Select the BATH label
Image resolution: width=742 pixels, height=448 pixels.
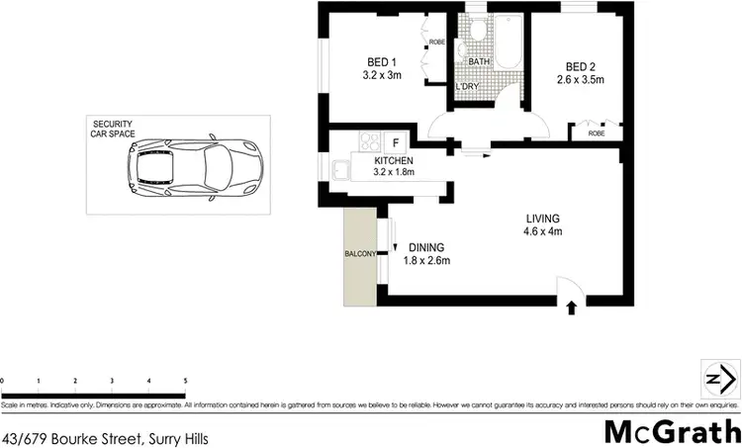point(480,61)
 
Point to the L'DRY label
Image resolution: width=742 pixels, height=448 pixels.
point(468,87)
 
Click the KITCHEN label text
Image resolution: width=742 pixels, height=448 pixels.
point(394,160)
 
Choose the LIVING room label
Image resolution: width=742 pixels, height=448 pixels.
point(544,219)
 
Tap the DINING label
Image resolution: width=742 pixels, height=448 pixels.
point(427,247)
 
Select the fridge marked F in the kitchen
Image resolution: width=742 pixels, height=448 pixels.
point(392,142)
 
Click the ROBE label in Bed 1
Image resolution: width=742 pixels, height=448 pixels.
point(437,42)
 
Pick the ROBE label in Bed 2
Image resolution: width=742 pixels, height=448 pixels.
point(597,133)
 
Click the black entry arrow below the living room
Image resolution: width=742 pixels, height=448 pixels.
point(572,309)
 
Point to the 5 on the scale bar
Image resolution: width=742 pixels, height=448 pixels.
point(185,380)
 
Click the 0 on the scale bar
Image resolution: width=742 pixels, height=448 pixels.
point(3,380)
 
